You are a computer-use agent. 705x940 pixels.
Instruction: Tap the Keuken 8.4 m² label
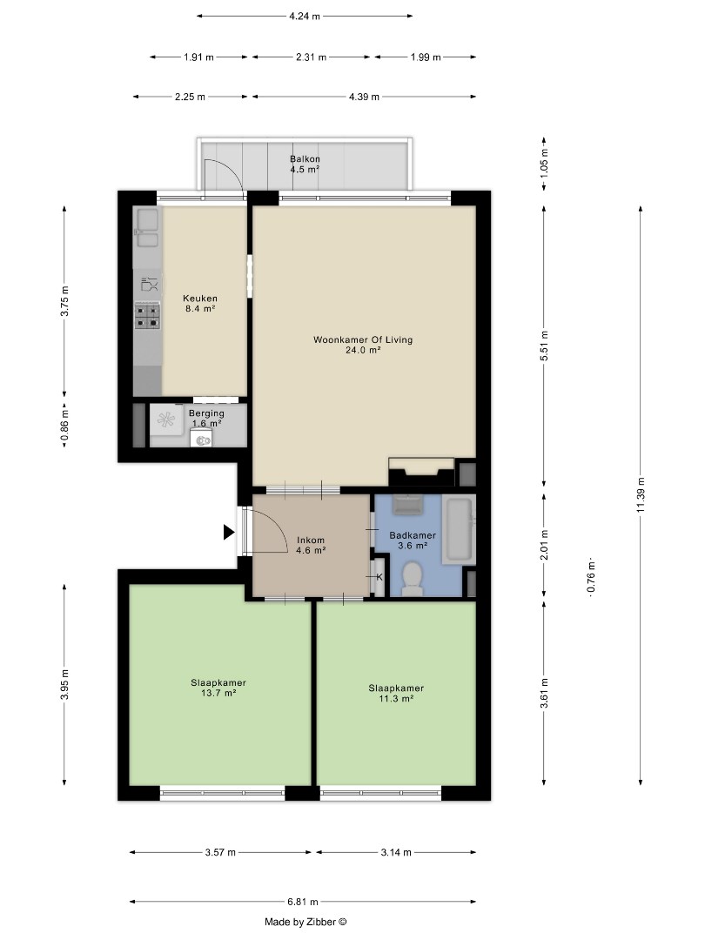point(200,304)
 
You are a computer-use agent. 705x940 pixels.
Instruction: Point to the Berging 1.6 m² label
point(207,418)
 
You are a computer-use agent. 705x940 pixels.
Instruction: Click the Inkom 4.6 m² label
point(311,545)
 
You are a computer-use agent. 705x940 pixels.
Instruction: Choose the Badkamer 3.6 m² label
point(413,540)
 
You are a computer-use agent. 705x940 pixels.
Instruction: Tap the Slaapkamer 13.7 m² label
point(218,688)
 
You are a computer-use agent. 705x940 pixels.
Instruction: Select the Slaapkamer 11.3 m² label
point(396,693)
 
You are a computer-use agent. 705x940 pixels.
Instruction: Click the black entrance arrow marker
point(228,532)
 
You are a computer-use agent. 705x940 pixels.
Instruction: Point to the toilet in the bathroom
point(412,579)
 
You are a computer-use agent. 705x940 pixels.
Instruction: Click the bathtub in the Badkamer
point(460,529)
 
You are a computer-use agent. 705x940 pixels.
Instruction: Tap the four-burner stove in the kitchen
point(147,315)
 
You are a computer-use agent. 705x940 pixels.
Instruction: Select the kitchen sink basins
point(146,227)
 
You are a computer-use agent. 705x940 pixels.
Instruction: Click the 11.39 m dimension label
point(641,494)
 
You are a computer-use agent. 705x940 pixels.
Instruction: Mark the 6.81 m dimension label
point(303,901)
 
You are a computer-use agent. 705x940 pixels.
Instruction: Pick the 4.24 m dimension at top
point(305,17)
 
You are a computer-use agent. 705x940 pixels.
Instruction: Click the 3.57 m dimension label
point(220,852)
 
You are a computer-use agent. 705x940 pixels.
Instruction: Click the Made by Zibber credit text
point(305,922)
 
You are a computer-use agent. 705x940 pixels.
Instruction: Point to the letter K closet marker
point(379,577)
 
